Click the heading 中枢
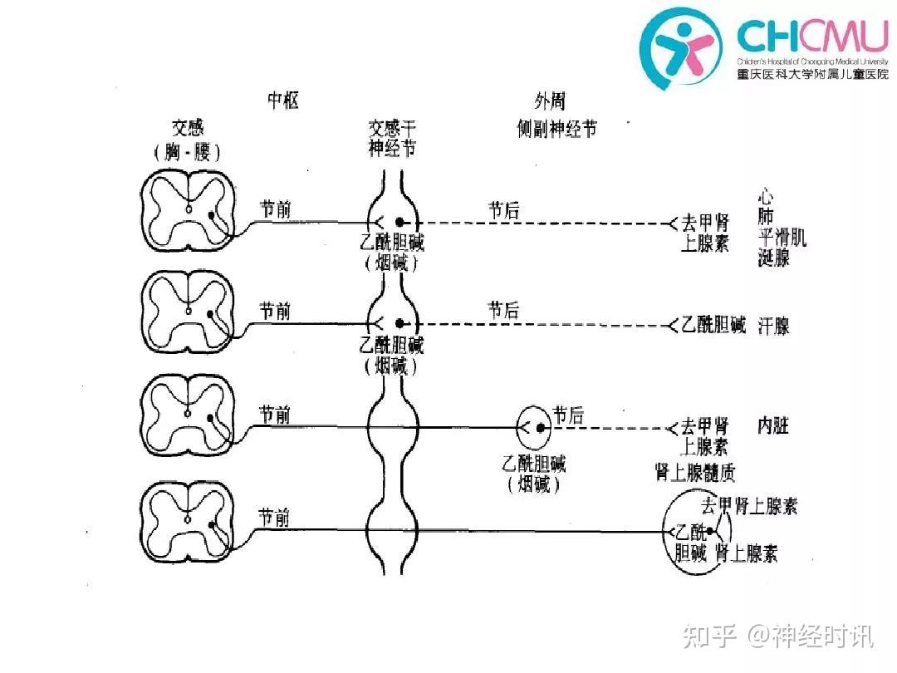click(282, 101)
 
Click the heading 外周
click(549, 101)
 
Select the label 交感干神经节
click(393, 138)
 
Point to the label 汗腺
click(773, 326)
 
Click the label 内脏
click(773, 427)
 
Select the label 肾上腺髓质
click(695, 474)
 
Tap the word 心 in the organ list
click(766, 198)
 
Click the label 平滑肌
click(782, 238)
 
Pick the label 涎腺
click(773, 258)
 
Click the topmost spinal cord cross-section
click(188, 210)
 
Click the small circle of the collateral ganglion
click(534, 428)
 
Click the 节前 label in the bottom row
click(274, 518)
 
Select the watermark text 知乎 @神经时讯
click(777, 637)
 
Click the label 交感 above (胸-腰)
click(188, 128)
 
